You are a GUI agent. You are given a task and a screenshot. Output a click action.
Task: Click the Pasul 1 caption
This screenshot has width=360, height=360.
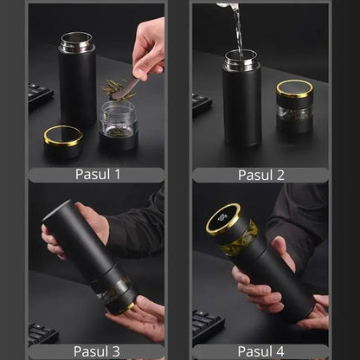98,174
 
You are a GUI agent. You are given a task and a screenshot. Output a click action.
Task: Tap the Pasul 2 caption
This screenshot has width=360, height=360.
261,175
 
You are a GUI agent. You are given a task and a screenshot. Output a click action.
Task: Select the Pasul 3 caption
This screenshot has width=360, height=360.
96,351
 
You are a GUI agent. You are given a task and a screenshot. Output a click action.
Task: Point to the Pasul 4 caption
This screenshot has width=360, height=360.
260,351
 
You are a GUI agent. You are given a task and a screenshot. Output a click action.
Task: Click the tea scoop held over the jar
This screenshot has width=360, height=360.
125,89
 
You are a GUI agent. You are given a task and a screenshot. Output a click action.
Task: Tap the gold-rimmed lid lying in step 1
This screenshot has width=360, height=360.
63,141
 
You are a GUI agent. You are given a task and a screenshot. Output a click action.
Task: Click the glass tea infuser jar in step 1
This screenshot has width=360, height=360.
119,125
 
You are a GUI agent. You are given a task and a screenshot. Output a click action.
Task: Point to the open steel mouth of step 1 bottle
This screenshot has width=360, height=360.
77,42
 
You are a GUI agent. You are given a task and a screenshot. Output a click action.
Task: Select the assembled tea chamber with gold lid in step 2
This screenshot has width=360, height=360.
295,106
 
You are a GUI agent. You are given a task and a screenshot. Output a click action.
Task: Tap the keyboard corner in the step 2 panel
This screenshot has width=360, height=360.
202,103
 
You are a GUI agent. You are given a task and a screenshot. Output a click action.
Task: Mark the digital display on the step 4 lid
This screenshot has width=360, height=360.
222,217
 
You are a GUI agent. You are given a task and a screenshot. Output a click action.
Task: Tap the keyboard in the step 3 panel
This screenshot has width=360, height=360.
42,333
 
